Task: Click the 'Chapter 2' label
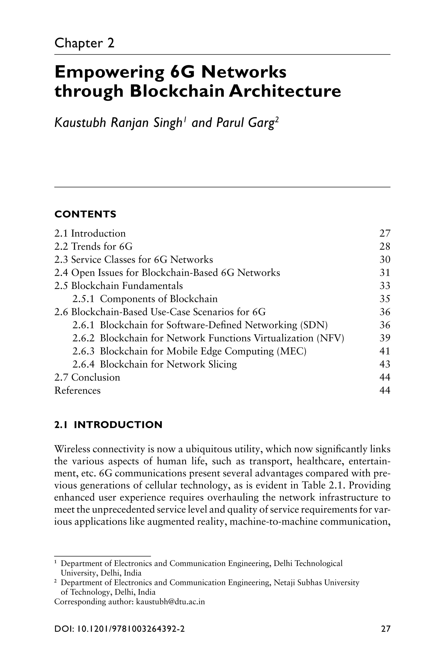point(84,43)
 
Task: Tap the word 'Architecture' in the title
point(285,92)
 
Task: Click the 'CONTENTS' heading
point(85,214)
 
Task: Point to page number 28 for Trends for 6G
point(385,247)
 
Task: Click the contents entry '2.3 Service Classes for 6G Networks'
point(133,260)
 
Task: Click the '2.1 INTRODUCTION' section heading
point(108,425)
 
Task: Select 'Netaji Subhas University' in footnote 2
point(316,583)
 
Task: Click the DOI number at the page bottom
point(119,629)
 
